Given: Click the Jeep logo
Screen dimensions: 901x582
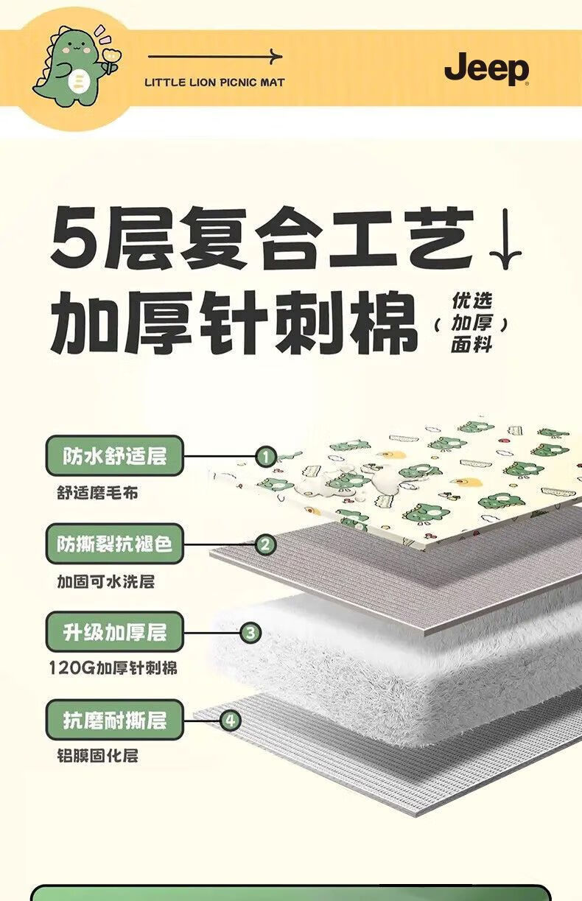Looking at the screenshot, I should tap(486, 70).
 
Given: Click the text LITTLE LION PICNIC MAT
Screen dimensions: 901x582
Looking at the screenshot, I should tap(214, 82).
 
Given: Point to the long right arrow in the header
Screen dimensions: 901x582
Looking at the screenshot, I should tap(214, 57).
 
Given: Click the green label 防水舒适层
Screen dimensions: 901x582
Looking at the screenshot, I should tap(114, 456).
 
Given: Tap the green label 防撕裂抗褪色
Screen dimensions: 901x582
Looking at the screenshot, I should tap(114, 544).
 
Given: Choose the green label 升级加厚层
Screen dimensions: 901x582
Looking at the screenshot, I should tap(114, 632).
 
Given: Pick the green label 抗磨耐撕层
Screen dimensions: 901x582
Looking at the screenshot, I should tap(114, 720).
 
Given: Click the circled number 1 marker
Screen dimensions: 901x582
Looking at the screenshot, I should tap(265, 457).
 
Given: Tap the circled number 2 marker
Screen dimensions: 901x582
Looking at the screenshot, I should tap(265, 545).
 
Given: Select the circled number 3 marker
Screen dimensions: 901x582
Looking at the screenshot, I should tap(250, 632).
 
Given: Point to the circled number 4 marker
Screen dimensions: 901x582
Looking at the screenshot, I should tap(231, 721).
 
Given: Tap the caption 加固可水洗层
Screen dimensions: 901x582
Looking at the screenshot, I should tap(106, 581).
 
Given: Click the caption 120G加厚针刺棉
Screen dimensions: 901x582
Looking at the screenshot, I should tap(113, 669).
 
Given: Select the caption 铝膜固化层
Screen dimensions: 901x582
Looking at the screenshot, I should tap(97, 756).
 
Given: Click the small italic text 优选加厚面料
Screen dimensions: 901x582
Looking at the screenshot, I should tap(471, 323).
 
